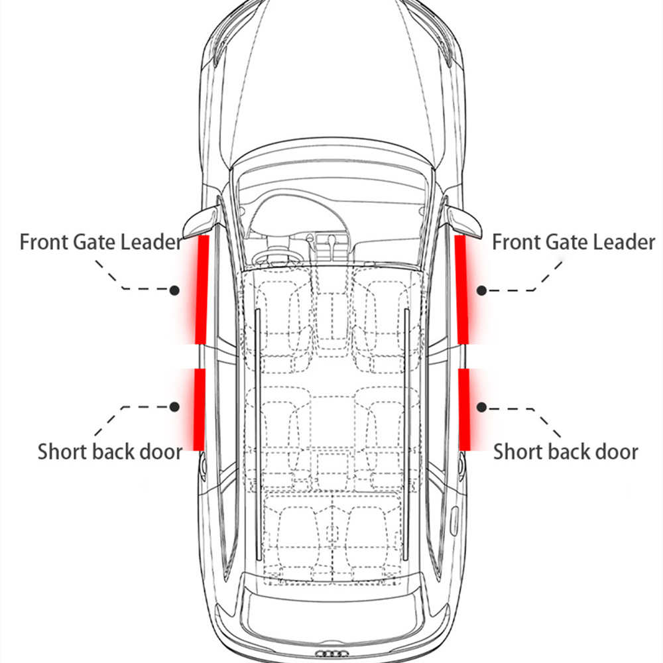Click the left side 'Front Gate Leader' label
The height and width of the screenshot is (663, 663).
pos(101,242)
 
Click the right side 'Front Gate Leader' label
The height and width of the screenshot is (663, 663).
pos(573,242)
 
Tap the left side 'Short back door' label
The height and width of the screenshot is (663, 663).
pos(110,452)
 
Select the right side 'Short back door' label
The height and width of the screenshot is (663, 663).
pos(566,452)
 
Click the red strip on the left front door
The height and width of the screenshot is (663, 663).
pos(202,290)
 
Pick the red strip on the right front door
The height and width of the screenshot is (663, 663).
pos(461,290)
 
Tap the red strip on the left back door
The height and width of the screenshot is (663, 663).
pos(199,409)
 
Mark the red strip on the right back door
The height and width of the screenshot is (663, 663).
pos(464,409)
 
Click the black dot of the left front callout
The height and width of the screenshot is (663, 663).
pos(174,290)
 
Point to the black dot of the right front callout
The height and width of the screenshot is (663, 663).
pos(481,290)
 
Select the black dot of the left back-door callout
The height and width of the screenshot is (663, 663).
pos(174,407)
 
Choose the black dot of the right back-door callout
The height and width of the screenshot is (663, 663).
pos(481,407)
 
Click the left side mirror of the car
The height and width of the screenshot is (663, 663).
pos(202,220)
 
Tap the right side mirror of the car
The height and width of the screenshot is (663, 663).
pos(464,220)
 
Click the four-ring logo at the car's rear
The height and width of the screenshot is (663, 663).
pos(332,654)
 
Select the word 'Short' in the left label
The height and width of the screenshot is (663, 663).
pos(62,452)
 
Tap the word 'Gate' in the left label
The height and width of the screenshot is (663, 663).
pos(95,242)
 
